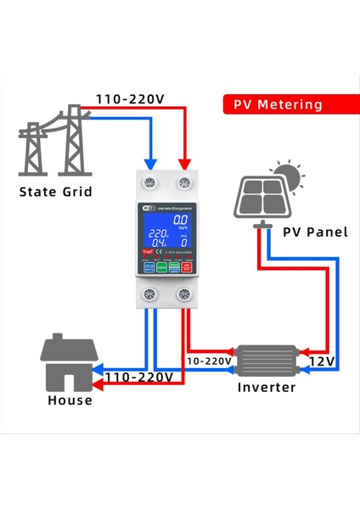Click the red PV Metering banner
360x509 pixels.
pos(278,104)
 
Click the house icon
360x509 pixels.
pos(70,361)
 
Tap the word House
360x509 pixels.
pos(70,400)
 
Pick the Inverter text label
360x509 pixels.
pos(266,388)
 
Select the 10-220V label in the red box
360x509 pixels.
pos(209,361)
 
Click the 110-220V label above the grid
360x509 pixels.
pos(128,98)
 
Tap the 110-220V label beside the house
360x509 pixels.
pos(137,376)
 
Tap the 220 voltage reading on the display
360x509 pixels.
pos(157,233)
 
